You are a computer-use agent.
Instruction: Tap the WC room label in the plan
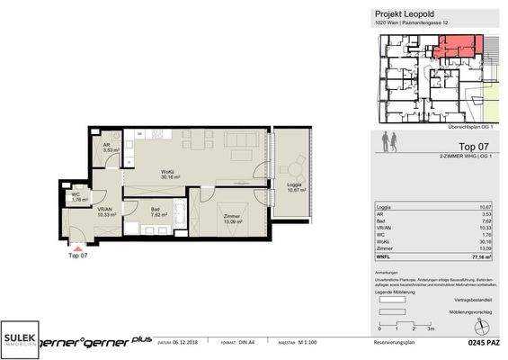tap(77, 196)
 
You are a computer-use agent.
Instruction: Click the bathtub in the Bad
tap(177, 215)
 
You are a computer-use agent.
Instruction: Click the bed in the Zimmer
tap(249, 210)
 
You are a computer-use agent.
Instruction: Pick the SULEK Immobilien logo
tap(23, 336)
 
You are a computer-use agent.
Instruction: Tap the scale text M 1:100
tap(311, 343)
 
